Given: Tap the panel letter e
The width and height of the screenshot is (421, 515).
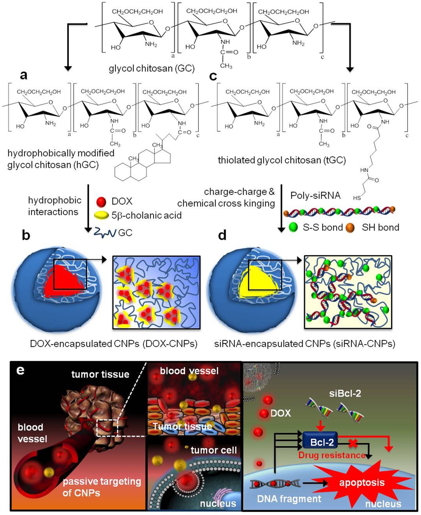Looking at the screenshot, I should (20, 370).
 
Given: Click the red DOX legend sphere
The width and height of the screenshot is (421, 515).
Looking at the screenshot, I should (101, 202).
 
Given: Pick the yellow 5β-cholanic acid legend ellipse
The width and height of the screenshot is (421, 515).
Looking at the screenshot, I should (101, 215).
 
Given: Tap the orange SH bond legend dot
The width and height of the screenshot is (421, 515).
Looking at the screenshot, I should (350, 227).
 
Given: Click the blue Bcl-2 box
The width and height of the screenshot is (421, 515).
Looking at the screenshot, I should (320, 442).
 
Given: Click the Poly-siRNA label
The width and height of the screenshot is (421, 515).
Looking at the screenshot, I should (315, 196).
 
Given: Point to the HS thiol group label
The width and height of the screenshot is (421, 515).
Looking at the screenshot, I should (357, 198).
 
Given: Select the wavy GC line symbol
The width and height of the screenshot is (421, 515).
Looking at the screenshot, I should (105, 233).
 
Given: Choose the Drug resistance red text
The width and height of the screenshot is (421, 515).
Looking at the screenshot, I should (332, 455).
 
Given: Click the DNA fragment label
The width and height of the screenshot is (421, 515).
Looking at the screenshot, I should (289, 498).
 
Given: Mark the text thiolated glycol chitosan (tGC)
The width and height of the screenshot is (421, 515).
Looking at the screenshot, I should (282, 160).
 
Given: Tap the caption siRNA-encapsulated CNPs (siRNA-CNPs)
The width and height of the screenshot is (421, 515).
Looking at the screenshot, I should (305, 344).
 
